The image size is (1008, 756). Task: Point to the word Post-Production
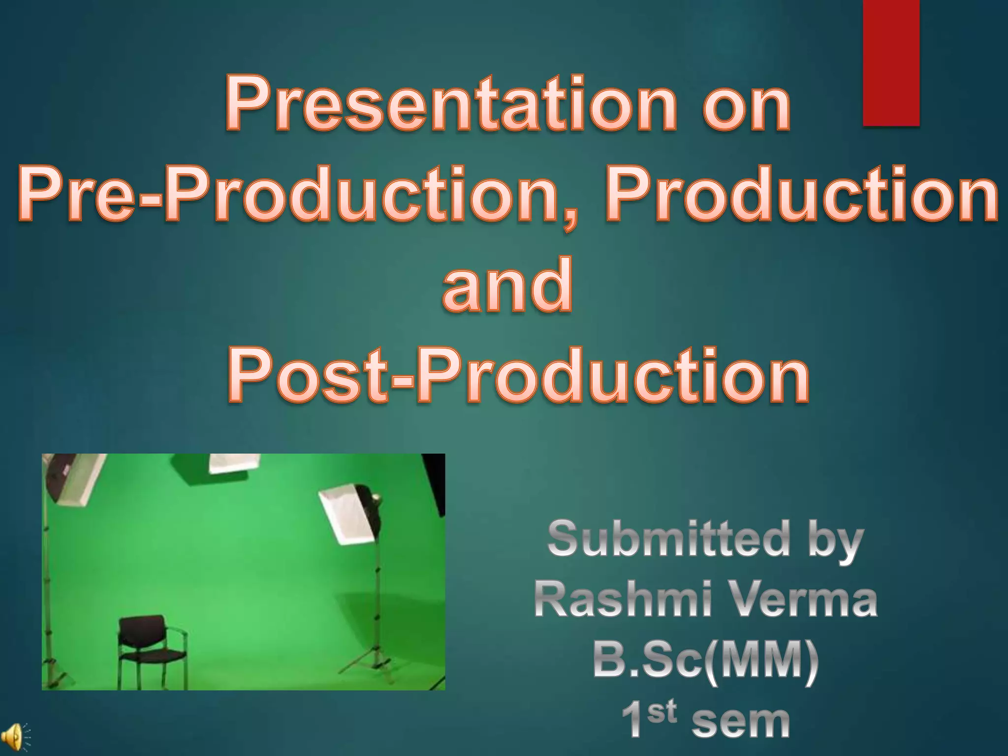point(518,375)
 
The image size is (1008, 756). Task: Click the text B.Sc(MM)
point(706,661)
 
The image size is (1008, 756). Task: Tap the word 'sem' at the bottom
point(741,723)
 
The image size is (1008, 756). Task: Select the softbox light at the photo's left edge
point(69,477)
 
